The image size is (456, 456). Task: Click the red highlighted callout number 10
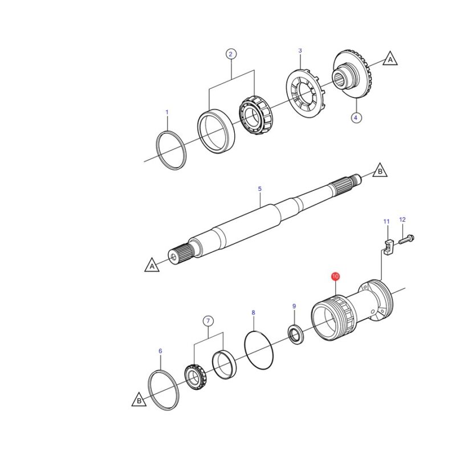[x=335, y=276]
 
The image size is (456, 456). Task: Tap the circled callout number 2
[x=231, y=54]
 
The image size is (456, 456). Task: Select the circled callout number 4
[x=356, y=118]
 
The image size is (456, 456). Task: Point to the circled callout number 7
[x=208, y=321]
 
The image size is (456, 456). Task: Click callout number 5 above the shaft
[x=260, y=189]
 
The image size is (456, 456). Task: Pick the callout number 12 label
[x=402, y=219]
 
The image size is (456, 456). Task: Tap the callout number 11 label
[x=386, y=222]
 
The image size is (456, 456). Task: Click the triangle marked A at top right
[x=390, y=59]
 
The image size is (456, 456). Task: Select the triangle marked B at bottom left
[x=139, y=400]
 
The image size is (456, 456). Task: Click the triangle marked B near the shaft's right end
[x=380, y=171]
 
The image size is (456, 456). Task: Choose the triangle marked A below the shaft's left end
[x=152, y=266]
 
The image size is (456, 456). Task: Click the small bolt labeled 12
[x=406, y=239]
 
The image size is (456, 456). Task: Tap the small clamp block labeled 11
[x=388, y=247]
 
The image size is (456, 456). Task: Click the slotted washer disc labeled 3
[x=306, y=93]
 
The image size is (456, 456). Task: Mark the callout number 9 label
[x=294, y=306]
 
